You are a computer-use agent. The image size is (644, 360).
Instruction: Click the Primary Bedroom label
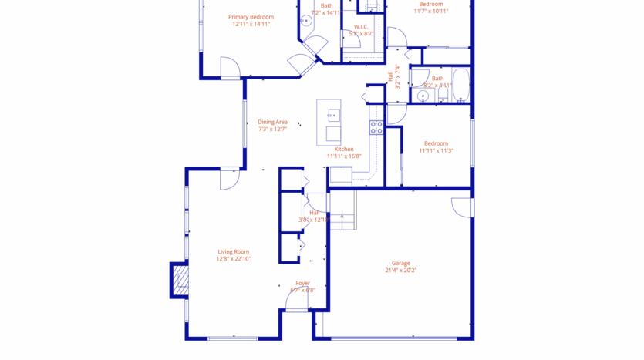tap(251, 16)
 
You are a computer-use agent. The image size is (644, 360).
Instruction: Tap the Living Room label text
tap(233, 251)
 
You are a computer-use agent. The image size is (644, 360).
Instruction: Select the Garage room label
tap(400, 263)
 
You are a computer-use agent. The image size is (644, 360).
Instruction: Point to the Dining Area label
tap(272, 122)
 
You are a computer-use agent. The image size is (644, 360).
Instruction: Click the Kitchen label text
tap(343, 149)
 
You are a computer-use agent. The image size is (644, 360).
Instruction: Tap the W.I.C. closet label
tap(360, 27)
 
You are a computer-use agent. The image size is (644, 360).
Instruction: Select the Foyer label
tap(302, 283)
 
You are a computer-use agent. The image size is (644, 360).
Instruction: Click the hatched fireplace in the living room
tap(179, 281)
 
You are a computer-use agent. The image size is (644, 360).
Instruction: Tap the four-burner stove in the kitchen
tap(376, 128)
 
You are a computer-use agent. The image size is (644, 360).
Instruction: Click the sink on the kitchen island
tap(333, 116)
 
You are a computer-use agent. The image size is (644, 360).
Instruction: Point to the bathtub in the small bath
tap(460, 86)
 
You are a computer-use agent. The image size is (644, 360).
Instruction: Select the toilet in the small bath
tap(443, 94)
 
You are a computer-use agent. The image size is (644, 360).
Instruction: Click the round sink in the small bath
tap(422, 96)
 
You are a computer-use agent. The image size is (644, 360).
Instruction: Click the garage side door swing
tap(461, 207)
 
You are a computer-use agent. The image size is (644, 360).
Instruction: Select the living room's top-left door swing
tap(230, 179)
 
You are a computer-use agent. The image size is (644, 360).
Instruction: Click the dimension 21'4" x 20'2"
tap(400, 271)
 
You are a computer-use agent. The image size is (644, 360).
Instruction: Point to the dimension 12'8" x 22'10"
tap(233, 259)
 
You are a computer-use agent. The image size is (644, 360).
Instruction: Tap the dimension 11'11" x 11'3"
tap(436, 151)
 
